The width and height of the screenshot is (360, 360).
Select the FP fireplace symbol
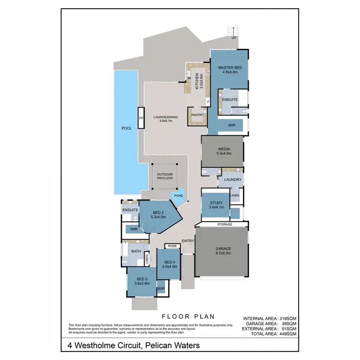pyautogui.click(x=141, y=118)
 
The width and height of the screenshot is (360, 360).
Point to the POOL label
pyautogui.click(x=126, y=129)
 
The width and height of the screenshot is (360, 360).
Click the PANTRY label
pyautogui.click(x=197, y=115)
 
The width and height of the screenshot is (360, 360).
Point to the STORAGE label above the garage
pyautogui.click(x=225, y=224)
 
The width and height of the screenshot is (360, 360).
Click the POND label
pyautogui.click(x=179, y=196)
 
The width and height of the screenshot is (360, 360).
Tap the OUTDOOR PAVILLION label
pyautogui.click(x=165, y=176)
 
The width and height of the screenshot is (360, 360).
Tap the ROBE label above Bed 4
pyautogui.click(x=172, y=246)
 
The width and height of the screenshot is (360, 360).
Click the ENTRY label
pyautogui.click(x=187, y=241)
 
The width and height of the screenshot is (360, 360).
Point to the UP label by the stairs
pyautogui.click(x=234, y=37)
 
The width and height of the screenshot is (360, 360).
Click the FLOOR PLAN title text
pyautogui.click(x=188, y=316)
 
